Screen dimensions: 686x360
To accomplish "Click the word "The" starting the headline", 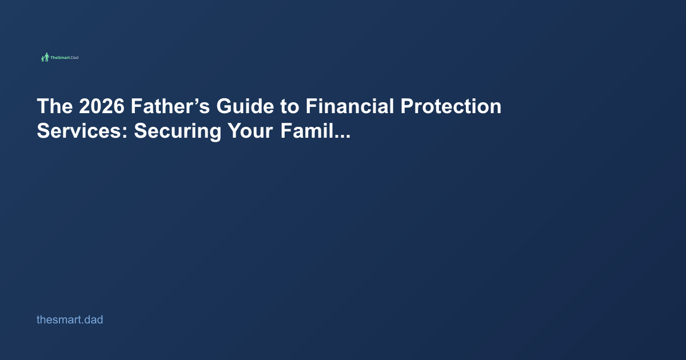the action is coord(55,106).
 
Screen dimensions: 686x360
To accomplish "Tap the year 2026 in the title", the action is coord(102,106).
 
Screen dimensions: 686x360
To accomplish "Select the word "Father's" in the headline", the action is coord(170,106).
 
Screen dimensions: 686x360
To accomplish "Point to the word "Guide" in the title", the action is coord(245,106).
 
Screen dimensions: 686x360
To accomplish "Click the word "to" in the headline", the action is coord(289,106).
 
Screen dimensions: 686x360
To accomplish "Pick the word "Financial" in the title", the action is coord(350,106).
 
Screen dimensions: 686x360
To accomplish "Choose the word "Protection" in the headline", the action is coord(451,106).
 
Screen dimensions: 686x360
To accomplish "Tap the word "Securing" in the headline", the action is coord(178,131).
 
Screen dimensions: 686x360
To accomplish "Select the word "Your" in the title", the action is coord(250,131).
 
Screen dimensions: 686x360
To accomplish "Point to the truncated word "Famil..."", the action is coord(316,131).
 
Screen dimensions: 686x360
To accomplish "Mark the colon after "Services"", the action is coord(125,133).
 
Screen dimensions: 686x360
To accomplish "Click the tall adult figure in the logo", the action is coord(46,57).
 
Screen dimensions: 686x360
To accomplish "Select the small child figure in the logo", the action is coord(42,59).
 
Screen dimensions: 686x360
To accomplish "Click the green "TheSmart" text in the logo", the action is coord(60,58).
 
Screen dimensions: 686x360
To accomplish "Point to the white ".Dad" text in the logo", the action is coord(74,58).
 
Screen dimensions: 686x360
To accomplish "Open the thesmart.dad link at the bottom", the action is coord(70,319).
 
